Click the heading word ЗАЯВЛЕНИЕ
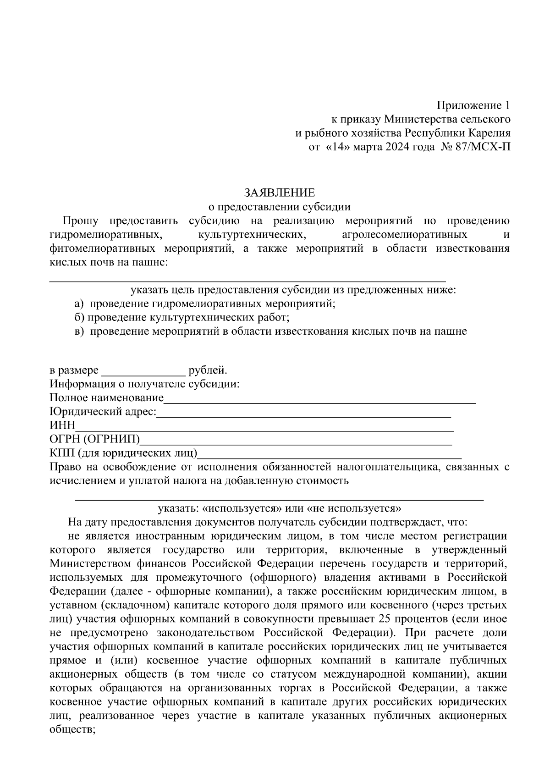point(279,192)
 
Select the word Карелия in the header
point(489,134)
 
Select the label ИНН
point(62,426)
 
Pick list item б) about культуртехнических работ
point(182,317)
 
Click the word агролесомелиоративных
point(404,235)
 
